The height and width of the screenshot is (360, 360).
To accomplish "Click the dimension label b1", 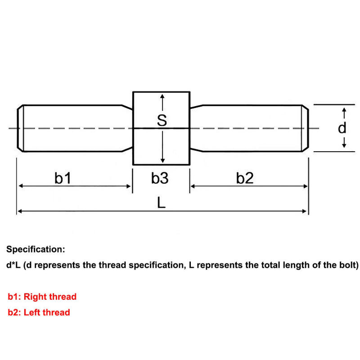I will pos(63,179).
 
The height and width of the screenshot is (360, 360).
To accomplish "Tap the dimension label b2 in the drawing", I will pos(245,179).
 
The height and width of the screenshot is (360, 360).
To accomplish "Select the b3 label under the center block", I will pos(160,179).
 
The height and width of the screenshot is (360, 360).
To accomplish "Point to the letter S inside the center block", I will pos(162,120).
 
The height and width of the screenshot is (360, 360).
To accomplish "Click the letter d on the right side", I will pos(342,128).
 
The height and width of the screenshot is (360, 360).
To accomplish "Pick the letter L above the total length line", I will pos(162,203).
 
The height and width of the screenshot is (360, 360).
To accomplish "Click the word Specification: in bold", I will pos(36,249).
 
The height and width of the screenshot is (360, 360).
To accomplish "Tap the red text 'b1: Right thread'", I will pos(42,297).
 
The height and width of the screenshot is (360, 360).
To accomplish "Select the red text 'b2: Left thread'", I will pos(39,312).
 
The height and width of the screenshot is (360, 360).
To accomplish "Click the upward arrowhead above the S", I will pos(162,97).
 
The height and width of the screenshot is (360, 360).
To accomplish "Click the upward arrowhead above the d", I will pos(344,110).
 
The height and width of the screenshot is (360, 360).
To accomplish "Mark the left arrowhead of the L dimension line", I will pos(19,211).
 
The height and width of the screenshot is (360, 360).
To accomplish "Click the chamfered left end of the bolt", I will pos(20,128).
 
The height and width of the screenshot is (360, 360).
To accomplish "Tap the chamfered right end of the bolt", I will pos(305,128).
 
